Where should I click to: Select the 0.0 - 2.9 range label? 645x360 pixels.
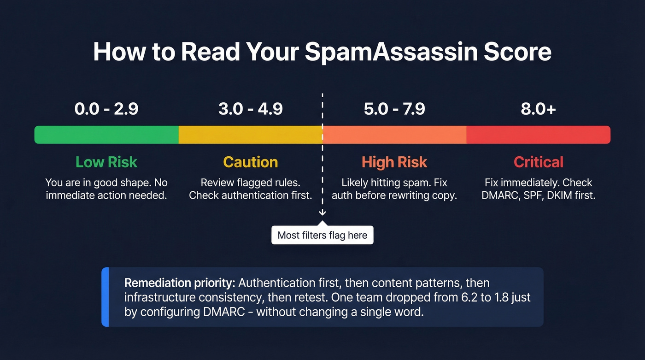(x=106, y=109)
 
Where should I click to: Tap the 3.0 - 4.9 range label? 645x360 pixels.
(x=251, y=109)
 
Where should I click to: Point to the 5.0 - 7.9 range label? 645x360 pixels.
(x=394, y=109)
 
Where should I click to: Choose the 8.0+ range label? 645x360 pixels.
(x=539, y=109)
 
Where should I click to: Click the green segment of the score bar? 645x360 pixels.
(x=106, y=135)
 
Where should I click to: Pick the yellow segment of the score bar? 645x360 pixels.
(x=251, y=135)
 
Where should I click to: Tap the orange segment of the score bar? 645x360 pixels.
(x=394, y=135)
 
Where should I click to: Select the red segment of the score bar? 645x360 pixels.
(x=539, y=135)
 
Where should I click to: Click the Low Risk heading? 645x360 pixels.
(x=106, y=162)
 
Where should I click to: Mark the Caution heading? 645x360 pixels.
(x=251, y=162)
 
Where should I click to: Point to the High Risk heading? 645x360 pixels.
(x=394, y=162)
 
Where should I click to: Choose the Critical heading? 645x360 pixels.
(x=539, y=162)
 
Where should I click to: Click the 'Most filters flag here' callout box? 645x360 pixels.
(x=322, y=236)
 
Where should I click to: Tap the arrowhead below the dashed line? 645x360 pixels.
(x=322, y=212)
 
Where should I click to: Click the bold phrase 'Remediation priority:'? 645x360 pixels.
(x=179, y=283)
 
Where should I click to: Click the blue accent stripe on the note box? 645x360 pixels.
(x=105, y=297)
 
